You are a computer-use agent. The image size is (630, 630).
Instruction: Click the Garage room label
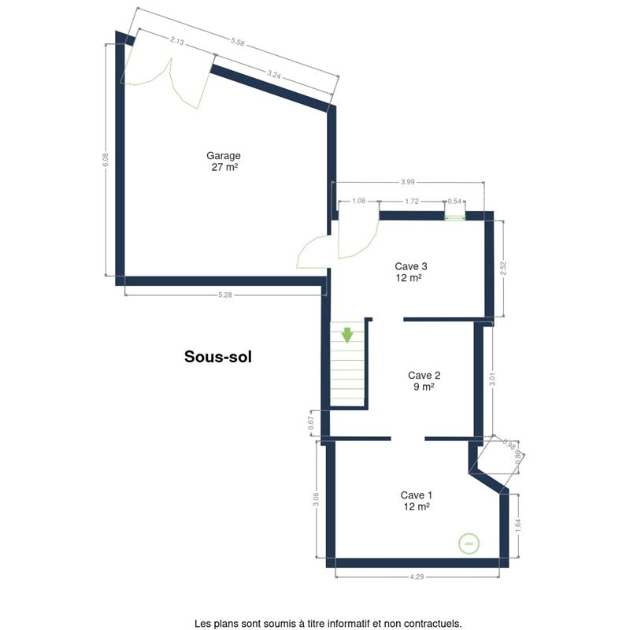point(224,155)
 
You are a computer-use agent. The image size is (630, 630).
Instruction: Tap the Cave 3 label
point(411,266)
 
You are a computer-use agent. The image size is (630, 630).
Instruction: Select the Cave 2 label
point(424,376)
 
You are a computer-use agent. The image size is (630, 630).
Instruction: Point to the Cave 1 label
point(417,495)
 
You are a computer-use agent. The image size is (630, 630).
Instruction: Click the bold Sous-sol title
point(218,357)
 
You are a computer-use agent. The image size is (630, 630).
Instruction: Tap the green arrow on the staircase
point(347,335)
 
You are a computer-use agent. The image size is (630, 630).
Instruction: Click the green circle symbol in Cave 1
point(469,543)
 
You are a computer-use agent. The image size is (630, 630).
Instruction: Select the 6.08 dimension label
point(106,160)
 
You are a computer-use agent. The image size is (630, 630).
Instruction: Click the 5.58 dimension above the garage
point(238,42)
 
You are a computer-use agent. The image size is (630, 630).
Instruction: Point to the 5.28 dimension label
point(225,295)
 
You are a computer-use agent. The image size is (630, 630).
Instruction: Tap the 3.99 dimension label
point(407,182)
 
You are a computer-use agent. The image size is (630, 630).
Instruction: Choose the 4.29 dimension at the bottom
point(417,576)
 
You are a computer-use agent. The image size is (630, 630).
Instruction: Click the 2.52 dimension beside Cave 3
point(503,269)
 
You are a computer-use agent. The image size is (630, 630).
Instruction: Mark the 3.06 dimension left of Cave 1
point(317,499)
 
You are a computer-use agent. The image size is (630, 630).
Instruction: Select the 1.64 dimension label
point(518,526)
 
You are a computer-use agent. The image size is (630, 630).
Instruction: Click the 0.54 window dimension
point(455,202)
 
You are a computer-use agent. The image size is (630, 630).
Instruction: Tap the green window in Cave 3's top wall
point(455,218)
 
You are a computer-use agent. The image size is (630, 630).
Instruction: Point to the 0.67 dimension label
point(311,423)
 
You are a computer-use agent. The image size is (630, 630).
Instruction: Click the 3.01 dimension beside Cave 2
point(493,379)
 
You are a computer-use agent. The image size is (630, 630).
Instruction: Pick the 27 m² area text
point(224,167)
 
